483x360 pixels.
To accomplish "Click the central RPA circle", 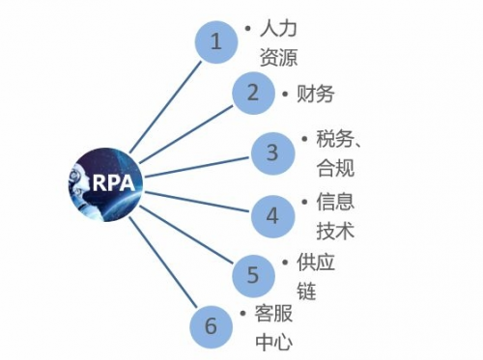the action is pos(105,184).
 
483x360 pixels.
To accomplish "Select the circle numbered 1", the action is pos(216,42).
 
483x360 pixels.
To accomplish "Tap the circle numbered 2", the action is pos(253,93).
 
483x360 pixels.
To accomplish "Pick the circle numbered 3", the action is pos(272,153).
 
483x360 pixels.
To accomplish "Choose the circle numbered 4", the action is pos(272,216).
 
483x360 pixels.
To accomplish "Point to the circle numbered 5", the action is pos(253,275).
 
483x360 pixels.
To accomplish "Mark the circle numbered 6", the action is pos(211,326).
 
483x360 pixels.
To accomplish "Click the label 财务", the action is pos(315,94).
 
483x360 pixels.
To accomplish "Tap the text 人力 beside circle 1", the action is pos(278,28).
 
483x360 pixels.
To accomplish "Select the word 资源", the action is pos(278,57).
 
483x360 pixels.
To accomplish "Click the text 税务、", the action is pos(338,139).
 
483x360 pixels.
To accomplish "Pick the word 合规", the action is pos(335,167).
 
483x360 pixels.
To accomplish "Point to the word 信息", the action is pos(335,202).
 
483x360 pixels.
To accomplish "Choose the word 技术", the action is pos(335,231).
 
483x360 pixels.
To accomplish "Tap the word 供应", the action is pos(316,263).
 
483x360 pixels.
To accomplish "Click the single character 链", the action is pos(306,291).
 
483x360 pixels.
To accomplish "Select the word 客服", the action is pos(273,313).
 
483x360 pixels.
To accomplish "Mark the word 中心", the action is pos(273,342).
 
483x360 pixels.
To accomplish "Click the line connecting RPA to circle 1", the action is pos(165,107).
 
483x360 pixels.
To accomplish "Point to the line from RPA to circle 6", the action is pos(161,262).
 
